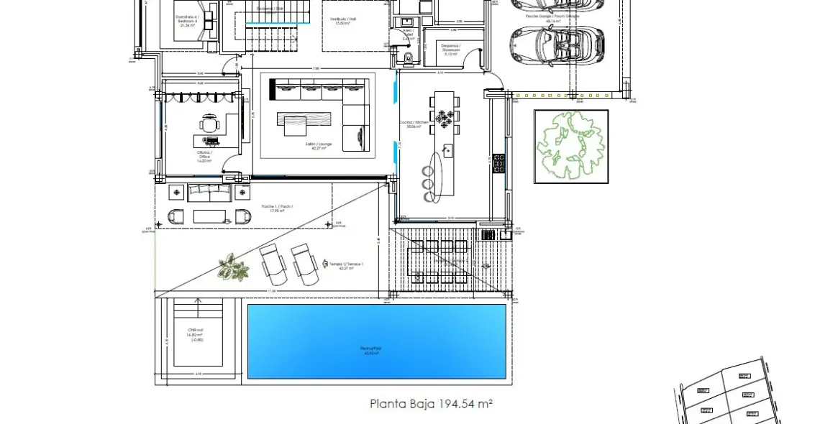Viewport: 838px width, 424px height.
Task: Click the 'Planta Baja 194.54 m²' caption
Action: [431, 404]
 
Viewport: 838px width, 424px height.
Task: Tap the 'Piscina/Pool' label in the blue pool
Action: [376, 351]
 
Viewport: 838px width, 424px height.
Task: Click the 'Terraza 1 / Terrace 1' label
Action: [342, 265]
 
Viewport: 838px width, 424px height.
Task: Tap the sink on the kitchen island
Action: [447, 151]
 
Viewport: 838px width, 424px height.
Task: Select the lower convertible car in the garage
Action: [556, 45]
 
